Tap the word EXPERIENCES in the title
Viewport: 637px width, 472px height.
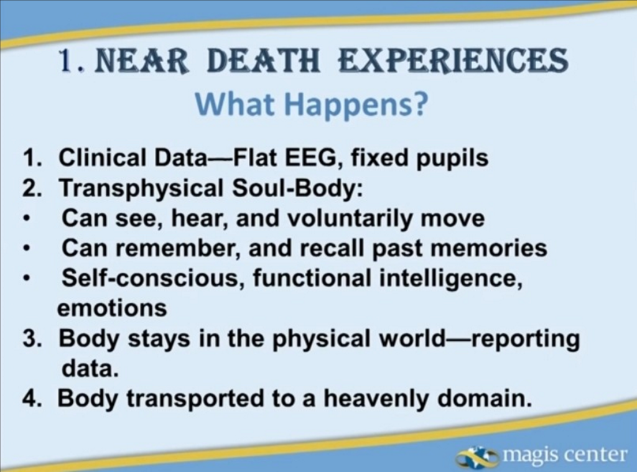453,60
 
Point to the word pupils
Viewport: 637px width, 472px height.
452,159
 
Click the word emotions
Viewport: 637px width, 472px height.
112,308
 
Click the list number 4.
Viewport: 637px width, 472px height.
31,398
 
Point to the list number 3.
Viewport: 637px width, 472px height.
31,338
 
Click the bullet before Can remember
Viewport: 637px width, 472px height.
27,249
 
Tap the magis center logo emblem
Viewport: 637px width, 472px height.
477,456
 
